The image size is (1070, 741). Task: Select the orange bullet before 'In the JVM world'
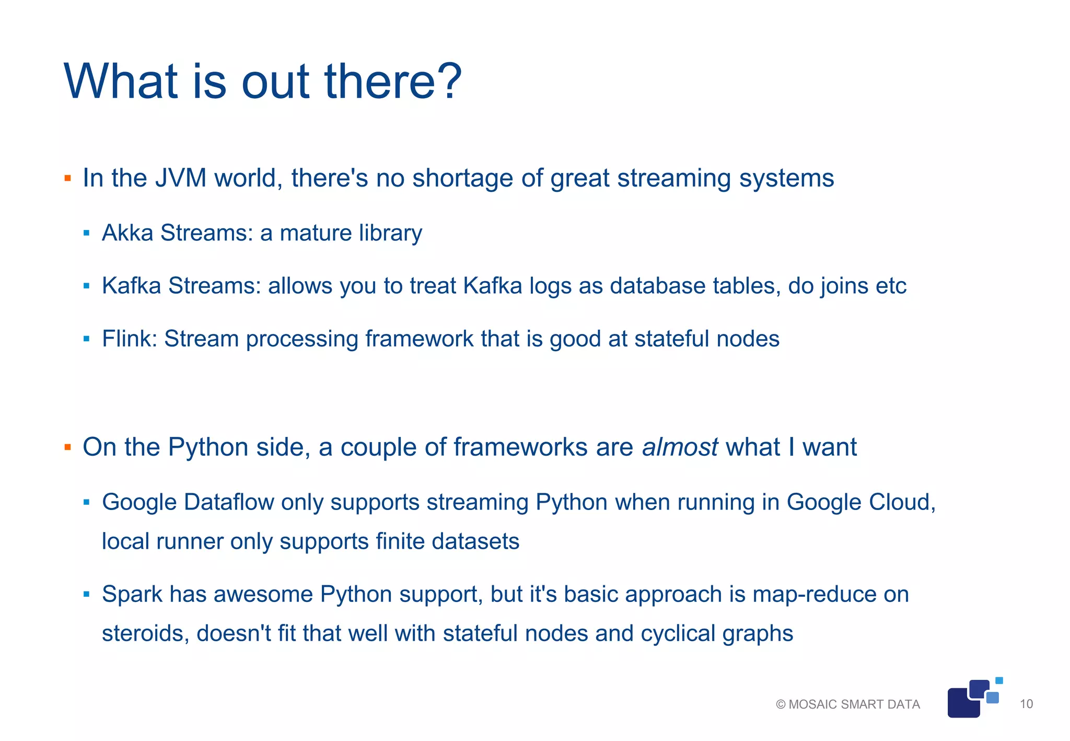[x=67, y=179]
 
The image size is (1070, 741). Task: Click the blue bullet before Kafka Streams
[x=87, y=286]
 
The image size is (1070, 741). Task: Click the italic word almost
[x=680, y=447]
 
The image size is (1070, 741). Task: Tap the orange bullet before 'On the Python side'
[x=67, y=447]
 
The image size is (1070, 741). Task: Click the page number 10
[x=1026, y=704]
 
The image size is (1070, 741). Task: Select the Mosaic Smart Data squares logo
[x=973, y=699]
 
